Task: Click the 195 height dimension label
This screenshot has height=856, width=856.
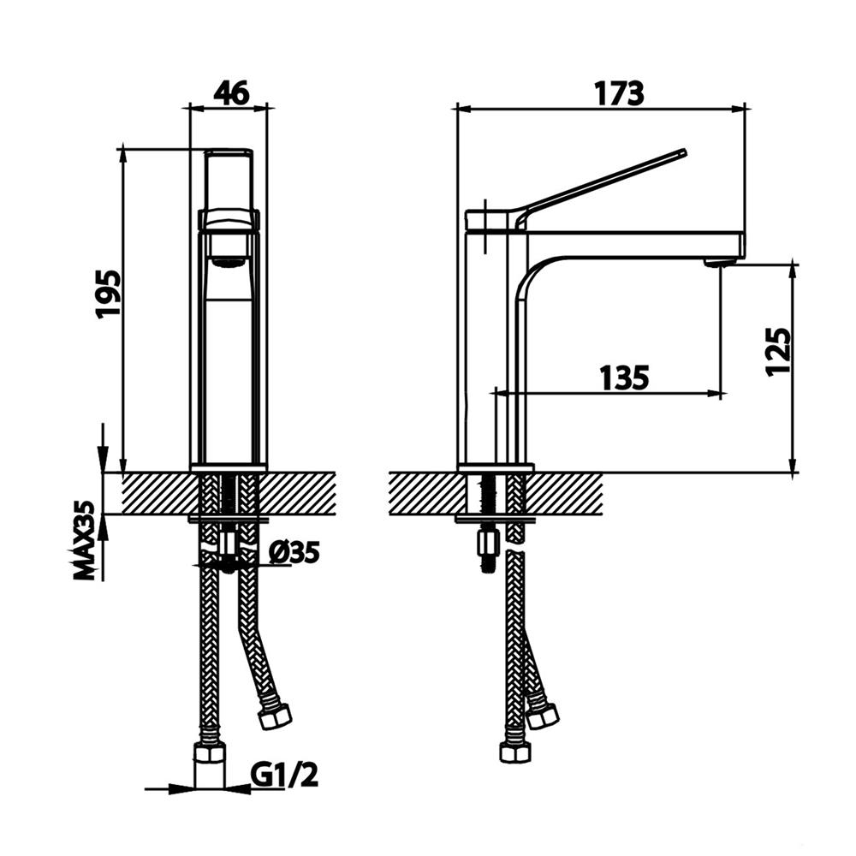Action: pos(108,294)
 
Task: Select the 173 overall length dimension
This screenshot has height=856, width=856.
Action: pos(619,93)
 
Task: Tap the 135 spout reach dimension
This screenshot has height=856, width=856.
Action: pos(625,377)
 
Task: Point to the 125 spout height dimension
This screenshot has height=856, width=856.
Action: pos(779,352)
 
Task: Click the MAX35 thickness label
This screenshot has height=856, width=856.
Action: pos(85,540)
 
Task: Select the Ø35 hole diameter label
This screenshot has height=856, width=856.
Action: pos(294,552)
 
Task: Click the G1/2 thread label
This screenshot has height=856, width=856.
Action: pos(284,775)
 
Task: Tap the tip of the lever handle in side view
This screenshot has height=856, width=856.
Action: pos(682,152)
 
